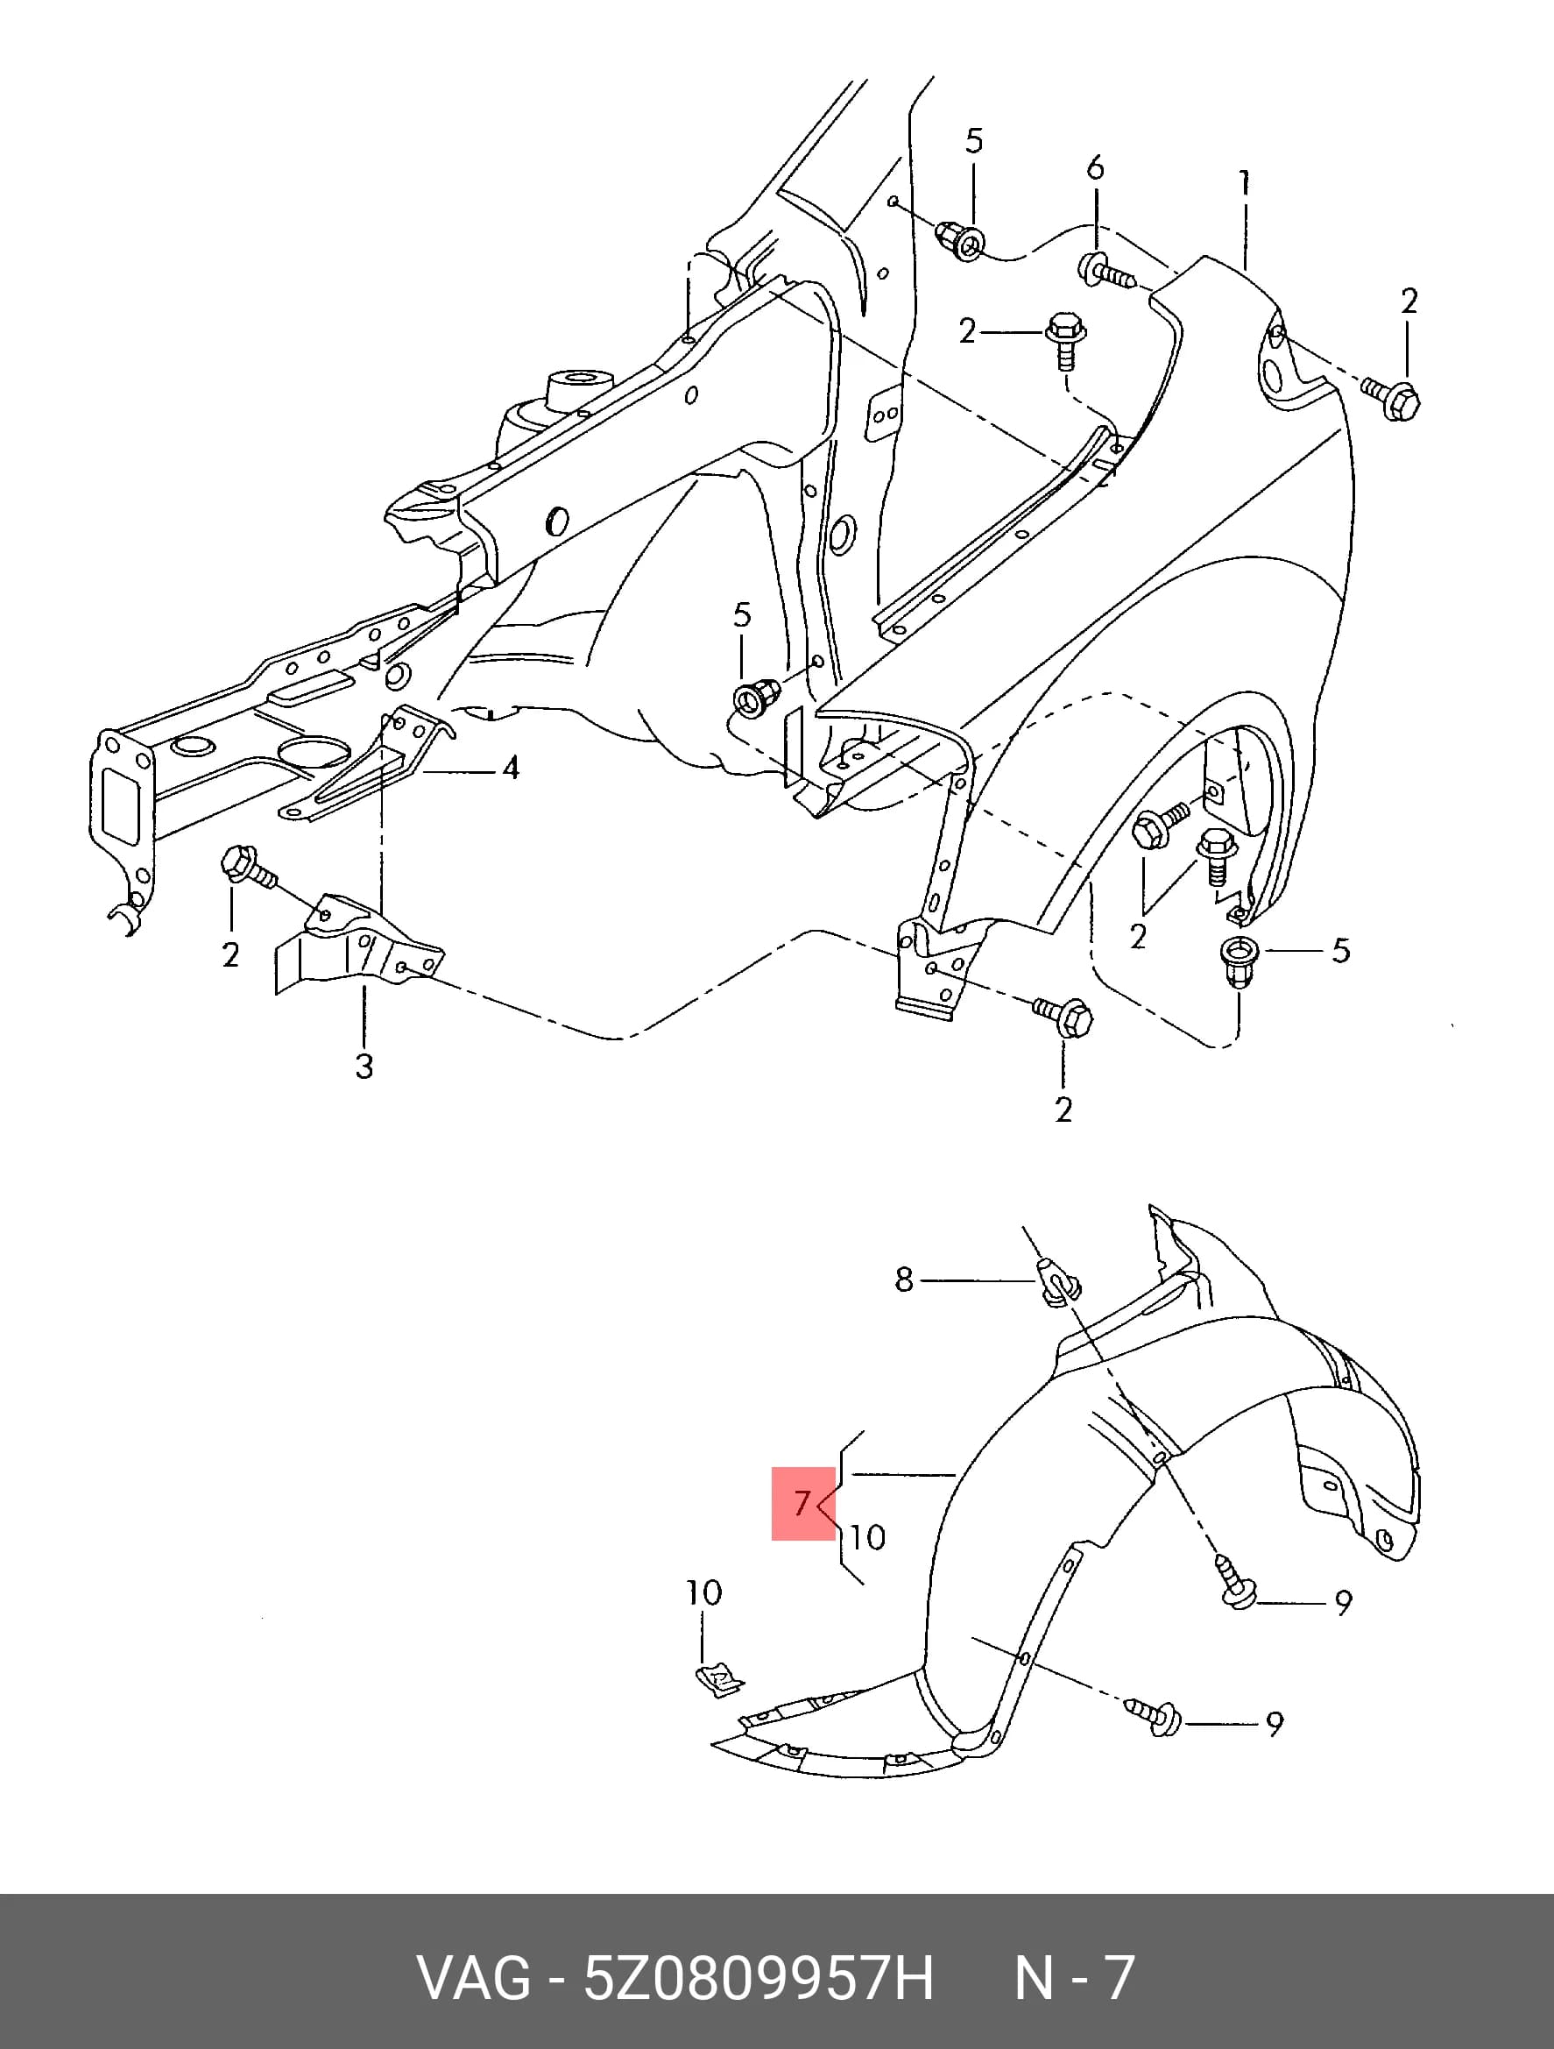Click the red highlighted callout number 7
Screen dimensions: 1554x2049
(x=802, y=1502)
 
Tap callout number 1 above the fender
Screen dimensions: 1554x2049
(x=1245, y=182)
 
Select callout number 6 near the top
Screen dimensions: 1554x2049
(x=1096, y=167)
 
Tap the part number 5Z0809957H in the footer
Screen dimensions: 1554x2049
(x=758, y=1978)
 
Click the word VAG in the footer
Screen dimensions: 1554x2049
(x=474, y=1978)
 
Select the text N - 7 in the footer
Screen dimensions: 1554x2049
(x=1074, y=1978)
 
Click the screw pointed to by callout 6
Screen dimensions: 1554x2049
(x=1105, y=272)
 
